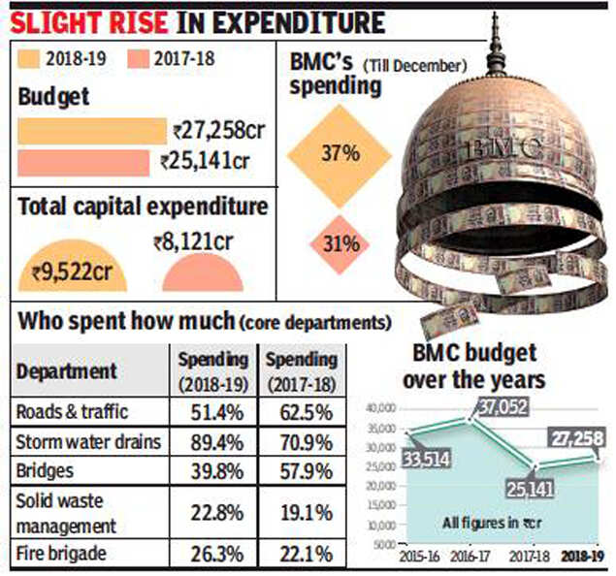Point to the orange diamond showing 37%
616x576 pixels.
[x=340, y=154]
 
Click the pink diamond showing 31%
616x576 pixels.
[x=340, y=242]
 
